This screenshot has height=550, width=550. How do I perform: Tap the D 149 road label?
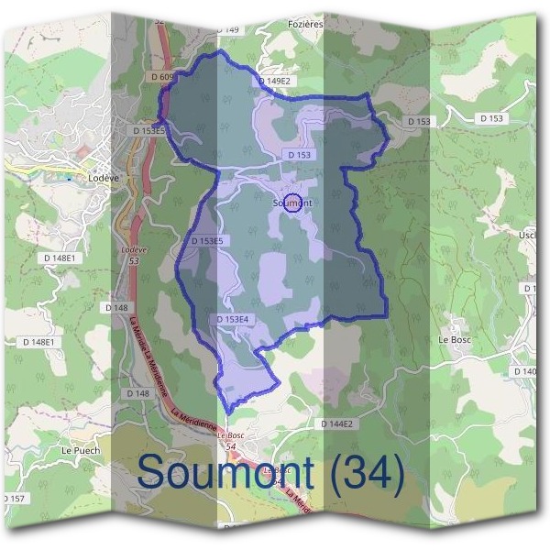(228, 30)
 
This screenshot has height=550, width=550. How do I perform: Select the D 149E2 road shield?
(274, 81)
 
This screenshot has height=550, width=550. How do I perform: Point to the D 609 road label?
(161, 77)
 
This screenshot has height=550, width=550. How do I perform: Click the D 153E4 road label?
(233, 319)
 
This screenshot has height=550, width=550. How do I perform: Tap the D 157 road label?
(13, 498)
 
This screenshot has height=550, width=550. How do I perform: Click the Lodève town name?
(95, 177)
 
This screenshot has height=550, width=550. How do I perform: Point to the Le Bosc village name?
(455, 339)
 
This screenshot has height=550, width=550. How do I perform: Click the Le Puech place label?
(79, 451)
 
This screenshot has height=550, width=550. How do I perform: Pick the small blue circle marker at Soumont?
(292, 204)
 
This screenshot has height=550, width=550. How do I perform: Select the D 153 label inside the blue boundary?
(300, 156)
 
